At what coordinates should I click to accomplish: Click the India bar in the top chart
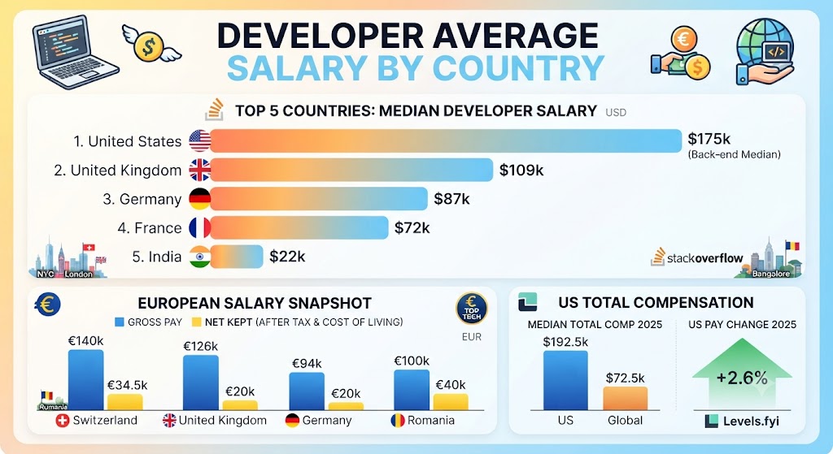(x=237, y=257)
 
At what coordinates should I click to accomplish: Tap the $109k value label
(x=521, y=171)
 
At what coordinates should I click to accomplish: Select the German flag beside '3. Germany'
(x=200, y=199)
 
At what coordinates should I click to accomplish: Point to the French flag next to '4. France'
(x=200, y=228)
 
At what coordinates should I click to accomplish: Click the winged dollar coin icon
(x=150, y=44)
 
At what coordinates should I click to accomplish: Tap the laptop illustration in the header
(x=74, y=51)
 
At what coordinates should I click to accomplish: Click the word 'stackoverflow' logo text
(x=705, y=258)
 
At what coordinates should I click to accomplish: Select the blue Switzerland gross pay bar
(x=85, y=380)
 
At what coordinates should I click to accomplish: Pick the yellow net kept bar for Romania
(x=451, y=401)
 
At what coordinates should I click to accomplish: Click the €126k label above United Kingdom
(x=200, y=346)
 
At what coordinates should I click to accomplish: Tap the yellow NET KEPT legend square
(x=197, y=322)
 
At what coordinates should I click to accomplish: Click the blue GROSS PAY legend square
(x=120, y=322)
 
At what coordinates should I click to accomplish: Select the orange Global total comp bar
(x=625, y=398)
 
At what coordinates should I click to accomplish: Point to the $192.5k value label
(x=565, y=342)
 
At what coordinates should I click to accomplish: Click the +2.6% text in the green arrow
(x=742, y=378)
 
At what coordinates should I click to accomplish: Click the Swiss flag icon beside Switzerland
(x=63, y=422)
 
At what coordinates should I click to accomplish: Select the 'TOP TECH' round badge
(x=471, y=308)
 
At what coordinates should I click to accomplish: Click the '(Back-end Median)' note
(x=734, y=155)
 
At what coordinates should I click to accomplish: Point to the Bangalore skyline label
(x=771, y=274)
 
